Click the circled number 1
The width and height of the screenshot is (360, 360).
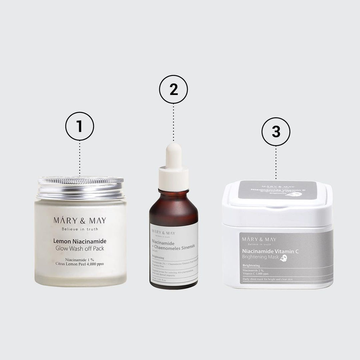pyautogui.click(x=80, y=126)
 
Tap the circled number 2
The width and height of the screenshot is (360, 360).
pyautogui.click(x=174, y=90)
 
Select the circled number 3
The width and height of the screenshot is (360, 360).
pyautogui.click(x=276, y=132)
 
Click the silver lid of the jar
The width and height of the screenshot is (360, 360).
pyautogui.click(x=81, y=187)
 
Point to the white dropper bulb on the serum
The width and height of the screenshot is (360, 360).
pyautogui.click(x=174, y=157)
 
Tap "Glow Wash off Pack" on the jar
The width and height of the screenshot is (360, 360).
pyautogui.click(x=80, y=249)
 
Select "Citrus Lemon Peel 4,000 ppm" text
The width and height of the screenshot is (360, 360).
pyautogui.click(x=80, y=264)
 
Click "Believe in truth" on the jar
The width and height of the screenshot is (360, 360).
pyautogui.click(x=80, y=229)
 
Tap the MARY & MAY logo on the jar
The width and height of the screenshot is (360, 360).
pyautogui.click(x=80, y=220)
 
